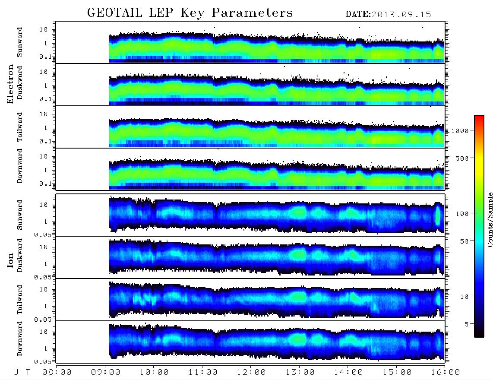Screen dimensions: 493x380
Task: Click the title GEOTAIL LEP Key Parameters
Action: [190, 13]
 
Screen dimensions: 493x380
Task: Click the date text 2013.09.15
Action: [401, 15]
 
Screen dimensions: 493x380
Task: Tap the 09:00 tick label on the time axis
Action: [106, 373]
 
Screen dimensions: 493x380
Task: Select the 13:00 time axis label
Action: [300, 373]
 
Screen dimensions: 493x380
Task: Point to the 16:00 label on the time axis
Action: [446, 373]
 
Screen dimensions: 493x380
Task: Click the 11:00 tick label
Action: [203, 373]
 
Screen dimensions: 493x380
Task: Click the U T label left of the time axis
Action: [22, 373]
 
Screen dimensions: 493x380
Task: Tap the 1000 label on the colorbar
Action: [460, 131]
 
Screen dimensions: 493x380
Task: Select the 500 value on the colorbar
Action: [462, 158]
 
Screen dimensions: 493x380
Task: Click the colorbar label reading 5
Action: [467, 324]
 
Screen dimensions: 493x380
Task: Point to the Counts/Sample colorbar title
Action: [490, 219]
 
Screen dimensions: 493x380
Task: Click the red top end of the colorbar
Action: [479, 117]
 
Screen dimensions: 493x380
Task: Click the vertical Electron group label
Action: [10, 84]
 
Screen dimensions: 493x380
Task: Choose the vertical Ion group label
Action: [10, 260]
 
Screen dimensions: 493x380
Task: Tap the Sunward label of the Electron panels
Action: [20, 42]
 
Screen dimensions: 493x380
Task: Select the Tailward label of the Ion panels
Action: [20, 300]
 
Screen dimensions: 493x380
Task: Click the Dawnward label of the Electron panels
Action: [20, 166]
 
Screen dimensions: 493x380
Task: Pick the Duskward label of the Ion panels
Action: [20, 255]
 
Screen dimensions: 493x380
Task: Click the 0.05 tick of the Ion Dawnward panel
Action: [43, 362]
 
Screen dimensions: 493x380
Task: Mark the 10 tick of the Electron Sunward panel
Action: [44, 29]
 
